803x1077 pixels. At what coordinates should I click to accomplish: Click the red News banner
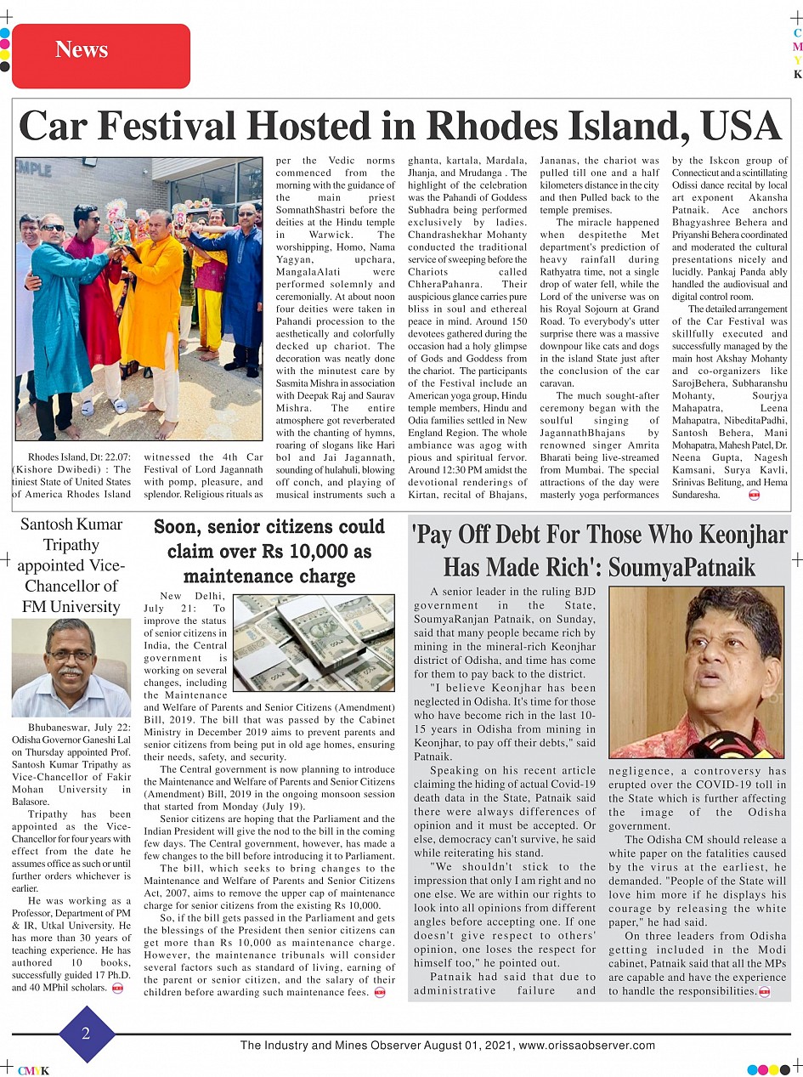[101, 50]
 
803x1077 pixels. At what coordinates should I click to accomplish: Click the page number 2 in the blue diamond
[86, 1034]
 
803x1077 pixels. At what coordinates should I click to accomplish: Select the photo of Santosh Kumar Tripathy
[71, 668]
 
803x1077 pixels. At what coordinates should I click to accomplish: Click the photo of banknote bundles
[313, 642]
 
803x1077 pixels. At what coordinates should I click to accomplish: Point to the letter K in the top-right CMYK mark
[797, 75]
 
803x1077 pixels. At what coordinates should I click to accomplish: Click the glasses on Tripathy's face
[71, 656]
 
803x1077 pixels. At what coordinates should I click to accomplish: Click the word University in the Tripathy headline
[84, 607]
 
